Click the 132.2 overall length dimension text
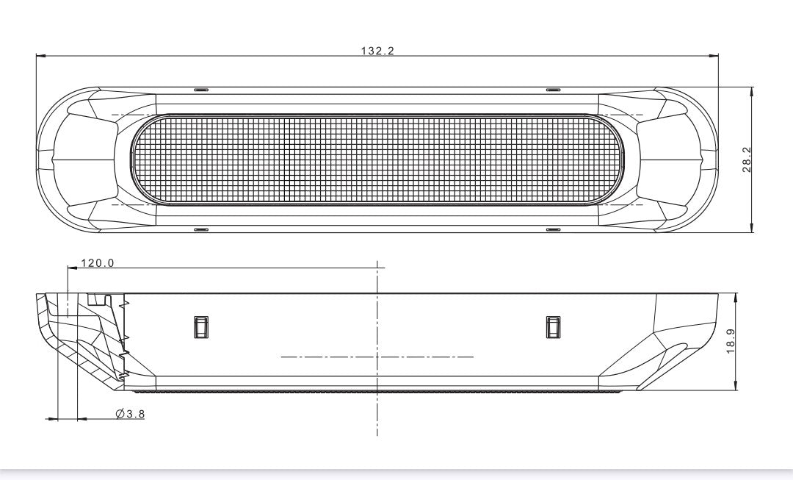[377, 51]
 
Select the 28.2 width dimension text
[747, 160]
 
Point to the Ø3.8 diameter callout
[130, 415]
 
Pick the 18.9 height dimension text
[731, 341]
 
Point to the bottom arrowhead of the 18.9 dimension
[736, 387]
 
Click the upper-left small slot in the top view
[201, 90]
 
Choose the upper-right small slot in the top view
[554, 90]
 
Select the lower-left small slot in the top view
[201, 229]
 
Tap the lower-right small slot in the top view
[554, 229]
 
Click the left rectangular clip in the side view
[200, 327]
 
